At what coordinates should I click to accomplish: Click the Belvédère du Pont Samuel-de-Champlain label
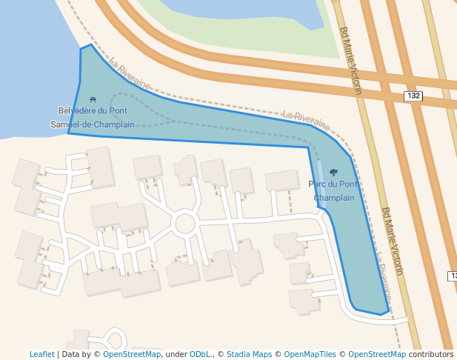click(93, 118)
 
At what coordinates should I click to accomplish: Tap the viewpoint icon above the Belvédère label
click(92, 99)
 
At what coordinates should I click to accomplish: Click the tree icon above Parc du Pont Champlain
click(333, 172)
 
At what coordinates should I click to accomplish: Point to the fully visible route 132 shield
click(413, 96)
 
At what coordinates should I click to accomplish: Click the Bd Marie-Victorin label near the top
click(350, 60)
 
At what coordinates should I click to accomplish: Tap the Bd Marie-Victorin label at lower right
click(392, 241)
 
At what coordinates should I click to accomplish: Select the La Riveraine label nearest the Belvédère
click(129, 75)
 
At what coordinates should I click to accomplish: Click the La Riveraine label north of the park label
click(306, 118)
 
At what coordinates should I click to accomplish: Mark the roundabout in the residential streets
click(184, 223)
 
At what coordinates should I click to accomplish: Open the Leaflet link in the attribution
click(42, 354)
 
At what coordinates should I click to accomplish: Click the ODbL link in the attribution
click(200, 354)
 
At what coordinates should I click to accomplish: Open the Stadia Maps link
click(249, 354)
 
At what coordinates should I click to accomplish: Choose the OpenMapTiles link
click(307, 354)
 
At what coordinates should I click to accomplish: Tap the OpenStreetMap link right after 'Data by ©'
click(132, 354)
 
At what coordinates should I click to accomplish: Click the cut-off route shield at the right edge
click(453, 276)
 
